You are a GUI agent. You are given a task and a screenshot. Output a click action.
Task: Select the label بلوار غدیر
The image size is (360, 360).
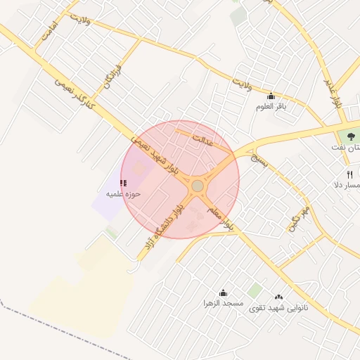(333, 92)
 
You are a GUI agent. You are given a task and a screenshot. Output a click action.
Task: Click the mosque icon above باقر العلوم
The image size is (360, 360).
(271, 96)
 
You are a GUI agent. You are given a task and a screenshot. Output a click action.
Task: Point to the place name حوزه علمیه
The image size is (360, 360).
(124, 193)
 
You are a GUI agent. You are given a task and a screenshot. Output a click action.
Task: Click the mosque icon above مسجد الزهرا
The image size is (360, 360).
(223, 293)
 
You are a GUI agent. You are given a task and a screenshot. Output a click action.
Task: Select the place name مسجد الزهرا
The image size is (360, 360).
(223, 304)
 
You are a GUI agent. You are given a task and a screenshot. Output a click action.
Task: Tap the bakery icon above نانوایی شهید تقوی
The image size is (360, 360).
(278, 297)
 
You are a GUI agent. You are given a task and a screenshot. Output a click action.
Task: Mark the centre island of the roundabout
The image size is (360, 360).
(198, 186)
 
